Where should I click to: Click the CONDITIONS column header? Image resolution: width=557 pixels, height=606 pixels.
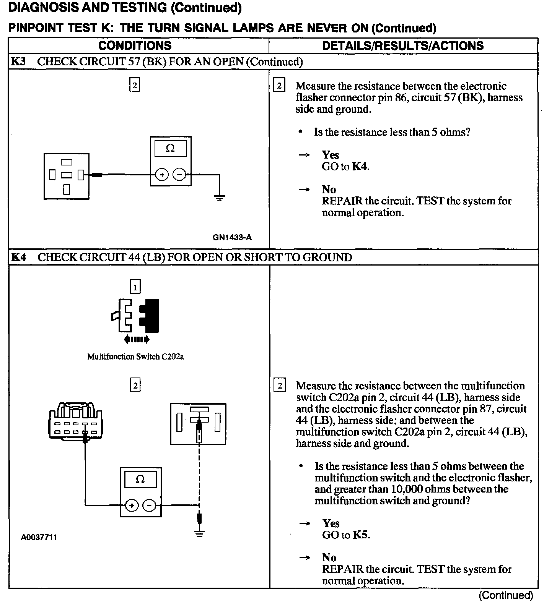[x=135, y=46]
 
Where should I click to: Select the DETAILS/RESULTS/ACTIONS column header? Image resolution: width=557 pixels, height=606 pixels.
[x=403, y=46]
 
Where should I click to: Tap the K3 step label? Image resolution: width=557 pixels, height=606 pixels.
[x=18, y=62]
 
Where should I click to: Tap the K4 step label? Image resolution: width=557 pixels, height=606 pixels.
[x=18, y=257]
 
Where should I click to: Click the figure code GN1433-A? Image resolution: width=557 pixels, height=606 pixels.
[x=232, y=237]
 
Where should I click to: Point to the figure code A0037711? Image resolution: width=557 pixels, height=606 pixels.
[x=39, y=537]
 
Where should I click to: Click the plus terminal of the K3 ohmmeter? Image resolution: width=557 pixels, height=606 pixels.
[x=162, y=175]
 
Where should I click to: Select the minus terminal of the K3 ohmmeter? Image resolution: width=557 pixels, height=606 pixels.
[x=179, y=175]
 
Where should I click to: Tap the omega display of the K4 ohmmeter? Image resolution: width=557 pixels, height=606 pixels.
[x=140, y=479]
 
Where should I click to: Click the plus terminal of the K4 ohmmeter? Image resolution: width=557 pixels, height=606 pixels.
[x=132, y=506]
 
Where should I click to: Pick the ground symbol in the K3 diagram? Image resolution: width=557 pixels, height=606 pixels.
[x=219, y=198]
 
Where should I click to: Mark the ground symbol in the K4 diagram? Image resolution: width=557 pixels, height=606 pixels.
[x=199, y=534]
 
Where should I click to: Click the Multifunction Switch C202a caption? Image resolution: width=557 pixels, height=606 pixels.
[x=135, y=357]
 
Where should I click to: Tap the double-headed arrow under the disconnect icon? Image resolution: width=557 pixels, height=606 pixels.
[x=137, y=339]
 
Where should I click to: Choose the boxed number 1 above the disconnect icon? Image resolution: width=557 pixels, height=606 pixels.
[x=135, y=287]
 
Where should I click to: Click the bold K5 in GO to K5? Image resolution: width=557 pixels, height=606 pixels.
[x=362, y=535]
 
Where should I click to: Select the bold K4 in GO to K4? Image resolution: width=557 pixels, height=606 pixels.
[x=360, y=167]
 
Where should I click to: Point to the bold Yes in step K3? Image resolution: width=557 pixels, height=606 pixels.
[x=330, y=155]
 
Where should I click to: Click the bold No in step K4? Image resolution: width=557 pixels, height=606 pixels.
[x=329, y=558]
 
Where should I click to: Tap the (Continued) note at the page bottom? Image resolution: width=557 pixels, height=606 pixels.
[x=506, y=595]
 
